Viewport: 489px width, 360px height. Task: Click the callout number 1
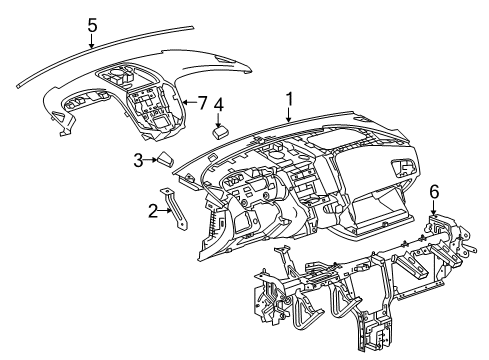click(290, 99)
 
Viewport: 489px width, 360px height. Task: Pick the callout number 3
click(139, 159)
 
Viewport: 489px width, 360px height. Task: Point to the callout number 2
click(153, 210)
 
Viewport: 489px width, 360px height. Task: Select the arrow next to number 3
click(151, 158)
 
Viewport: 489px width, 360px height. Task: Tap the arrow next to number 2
click(166, 210)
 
